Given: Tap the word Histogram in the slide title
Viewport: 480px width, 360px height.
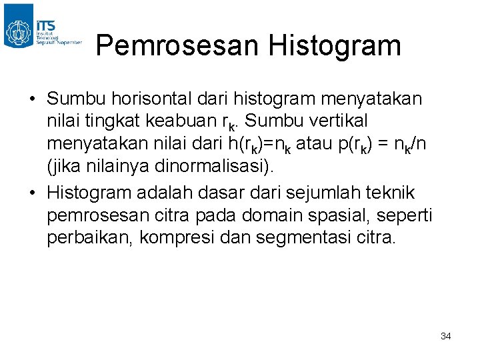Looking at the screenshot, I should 335,46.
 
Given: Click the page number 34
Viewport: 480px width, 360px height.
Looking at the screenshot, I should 446,337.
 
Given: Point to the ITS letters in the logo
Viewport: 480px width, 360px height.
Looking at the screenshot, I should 47,24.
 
